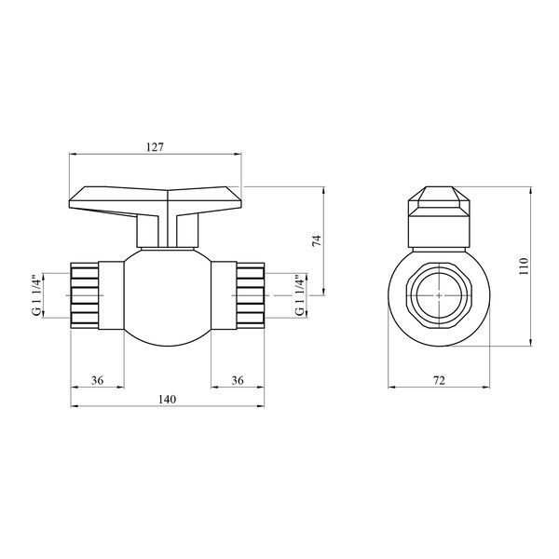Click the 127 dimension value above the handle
tap(155, 147)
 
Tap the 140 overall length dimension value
tap(167, 399)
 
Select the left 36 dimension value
tap(97, 380)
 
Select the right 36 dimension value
tap(238, 380)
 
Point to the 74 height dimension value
tap(317, 240)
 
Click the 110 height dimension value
tap(524, 266)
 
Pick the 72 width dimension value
tap(439, 380)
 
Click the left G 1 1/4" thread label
tap(36, 295)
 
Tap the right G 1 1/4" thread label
tap(301, 295)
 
